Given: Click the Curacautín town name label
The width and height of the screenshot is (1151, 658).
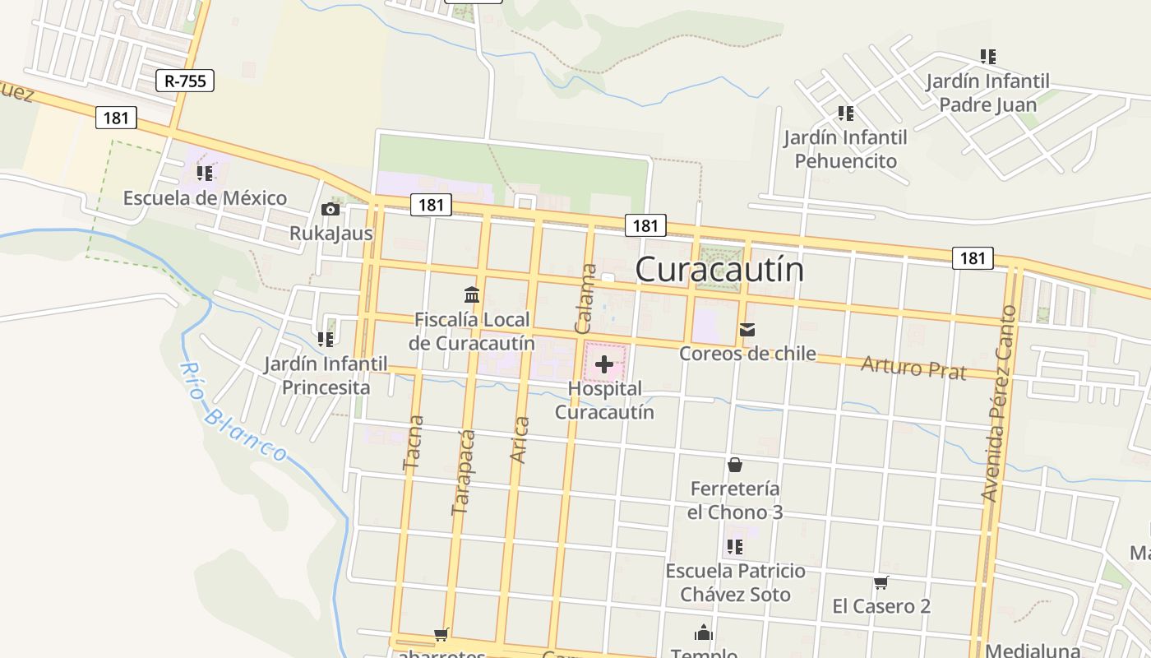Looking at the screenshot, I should pyautogui.click(x=719, y=270).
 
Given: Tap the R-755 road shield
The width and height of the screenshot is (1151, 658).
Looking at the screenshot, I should pyautogui.click(x=185, y=81).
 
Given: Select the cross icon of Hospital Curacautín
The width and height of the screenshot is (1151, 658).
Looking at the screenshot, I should pyautogui.click(x=604, y=364).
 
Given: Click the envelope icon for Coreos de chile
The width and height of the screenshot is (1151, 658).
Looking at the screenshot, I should pyautogui.click(x=747, y=330).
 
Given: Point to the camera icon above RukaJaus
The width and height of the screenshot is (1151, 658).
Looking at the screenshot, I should pyautogui.click(x=331, y=210).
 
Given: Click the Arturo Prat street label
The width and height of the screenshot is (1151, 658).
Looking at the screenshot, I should pyautogui.click(x=913, y=367).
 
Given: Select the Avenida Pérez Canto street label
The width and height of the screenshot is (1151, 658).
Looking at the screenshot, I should pyautogui.click(x=998, y=403).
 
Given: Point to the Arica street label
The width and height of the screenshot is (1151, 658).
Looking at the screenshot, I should pyautogui.click(x=520, y=440).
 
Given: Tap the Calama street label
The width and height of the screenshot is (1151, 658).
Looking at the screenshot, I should pyautogui.click(x=586, y=299).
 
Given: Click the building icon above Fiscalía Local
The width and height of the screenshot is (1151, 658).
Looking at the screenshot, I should pyautogui.click(x=472, y=294).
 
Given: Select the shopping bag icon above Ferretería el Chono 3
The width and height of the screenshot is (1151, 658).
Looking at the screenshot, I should pyautogui.click(x=735, y=465).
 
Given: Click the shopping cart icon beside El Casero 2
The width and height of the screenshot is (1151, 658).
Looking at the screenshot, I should pyautogui.click(x=881, y=583).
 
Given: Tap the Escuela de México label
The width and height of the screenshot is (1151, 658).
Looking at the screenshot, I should pyautogui.click(x=205, y=198).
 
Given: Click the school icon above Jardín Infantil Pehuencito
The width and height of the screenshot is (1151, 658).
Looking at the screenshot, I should pyautogui.click(x=845, y=114).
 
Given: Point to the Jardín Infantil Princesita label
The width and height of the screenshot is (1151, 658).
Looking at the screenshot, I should pyautogui.click(x=326, y=375).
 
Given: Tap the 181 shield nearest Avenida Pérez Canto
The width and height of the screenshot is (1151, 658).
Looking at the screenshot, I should pyautogui.click(x=973, y=258).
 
